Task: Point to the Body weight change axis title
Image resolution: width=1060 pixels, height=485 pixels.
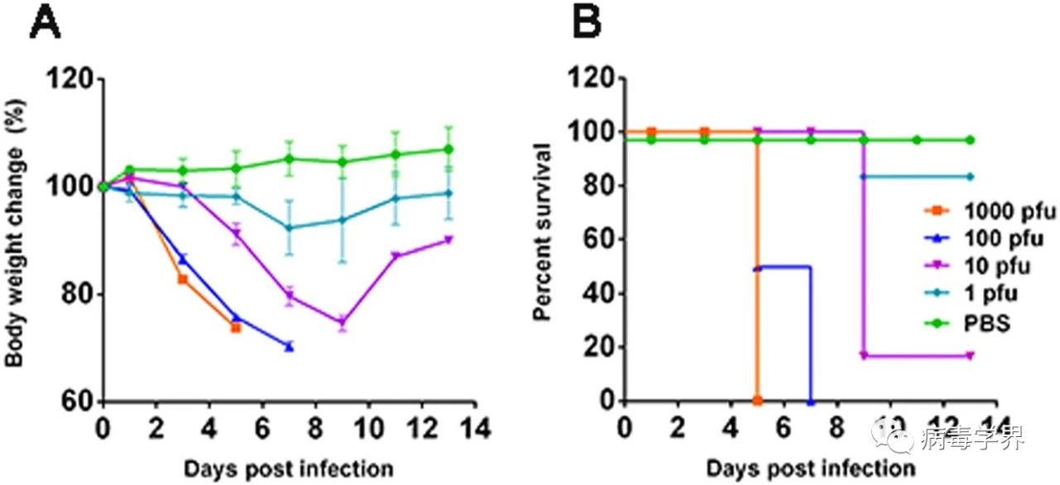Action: [15, 241]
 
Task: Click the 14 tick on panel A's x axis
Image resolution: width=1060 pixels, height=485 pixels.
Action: [475, 429]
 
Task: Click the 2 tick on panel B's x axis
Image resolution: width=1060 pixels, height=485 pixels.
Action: [678, 429]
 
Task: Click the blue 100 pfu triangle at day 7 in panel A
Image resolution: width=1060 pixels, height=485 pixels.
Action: [289, 347]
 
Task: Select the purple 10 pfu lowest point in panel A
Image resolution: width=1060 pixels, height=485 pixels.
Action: [342, 322]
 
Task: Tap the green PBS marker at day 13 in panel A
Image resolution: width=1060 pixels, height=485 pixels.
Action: [449, 149]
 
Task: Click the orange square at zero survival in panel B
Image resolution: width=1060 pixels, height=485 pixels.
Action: [758, 401]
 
